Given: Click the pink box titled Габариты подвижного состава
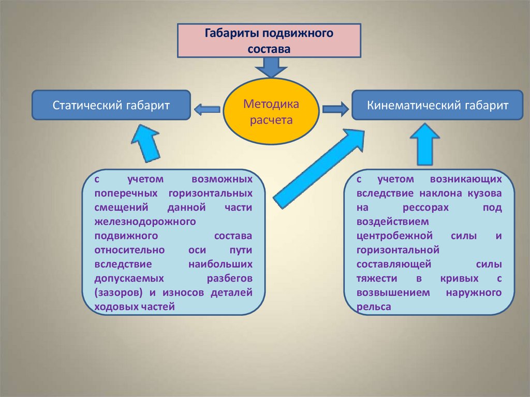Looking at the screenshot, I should point(269,40).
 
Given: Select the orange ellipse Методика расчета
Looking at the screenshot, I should point(271,112).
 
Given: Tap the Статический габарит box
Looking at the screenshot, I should point(111,106).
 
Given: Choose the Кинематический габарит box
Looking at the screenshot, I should point(437,106).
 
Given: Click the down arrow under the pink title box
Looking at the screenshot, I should point(268,67).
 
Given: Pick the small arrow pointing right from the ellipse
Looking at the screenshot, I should point(335,109).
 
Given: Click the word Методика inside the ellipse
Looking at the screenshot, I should point(271,105).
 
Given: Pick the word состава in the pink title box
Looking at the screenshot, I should point(269,48).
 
